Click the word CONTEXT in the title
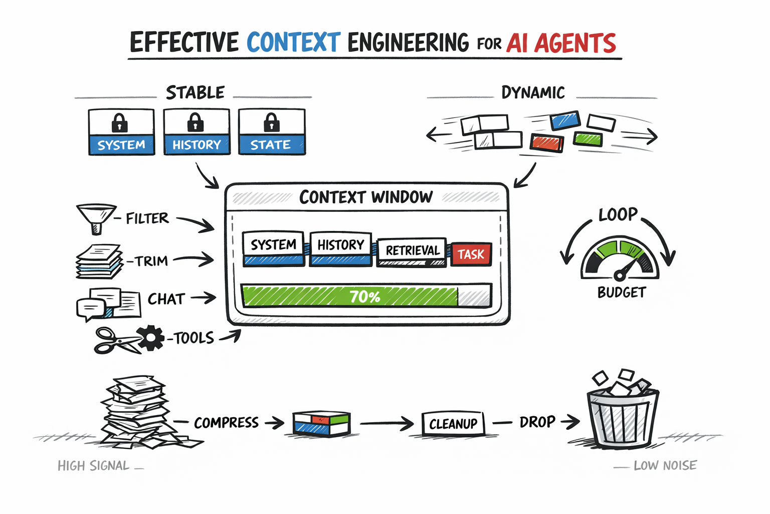coord(293,43)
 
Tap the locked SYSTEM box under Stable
coord(121,132)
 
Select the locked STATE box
coord(272,132)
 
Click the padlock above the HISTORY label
coord(196,122)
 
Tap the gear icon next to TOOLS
coord(150,338)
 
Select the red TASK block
coord(471,254)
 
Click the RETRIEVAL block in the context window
coord(412,251)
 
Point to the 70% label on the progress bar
coord(365,297)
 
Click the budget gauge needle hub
coord(620,275)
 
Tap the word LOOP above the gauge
coord(618,215)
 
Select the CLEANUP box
coord(453,424)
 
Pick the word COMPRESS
coord(226,423)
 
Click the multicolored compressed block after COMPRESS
coord(321,423)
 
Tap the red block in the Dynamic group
coord(547,143)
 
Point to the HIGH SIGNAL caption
coord(94,466)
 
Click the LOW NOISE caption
coord(665,466)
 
